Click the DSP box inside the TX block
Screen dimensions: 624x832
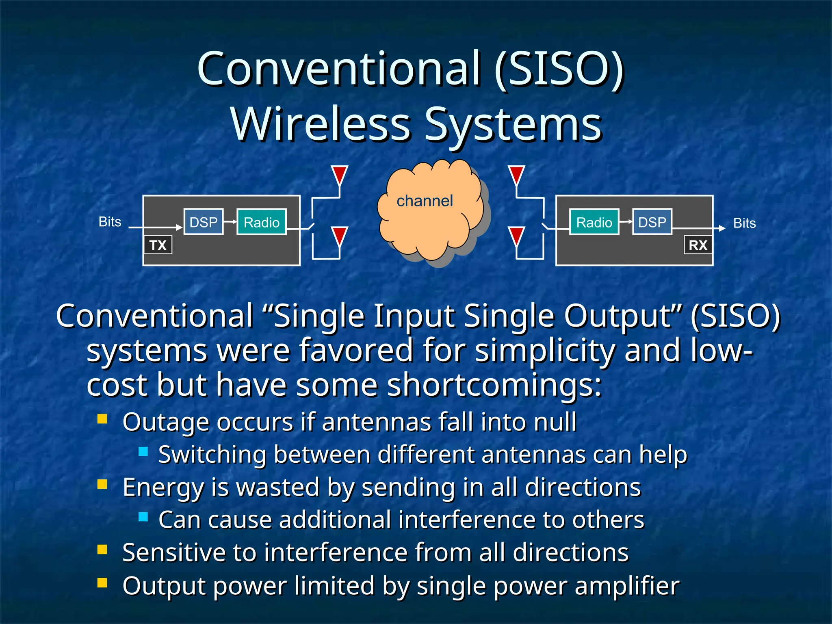click(204, 222)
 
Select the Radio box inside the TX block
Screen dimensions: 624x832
click(261, 222)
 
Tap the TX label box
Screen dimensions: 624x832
click(158, 245)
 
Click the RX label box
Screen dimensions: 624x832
click(698, 245)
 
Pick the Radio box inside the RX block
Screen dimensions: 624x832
click(594, 222)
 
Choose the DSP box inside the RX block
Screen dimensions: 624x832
click(652, 222)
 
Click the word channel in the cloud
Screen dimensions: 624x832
click(425, 201)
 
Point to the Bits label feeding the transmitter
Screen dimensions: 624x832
click(110, 222)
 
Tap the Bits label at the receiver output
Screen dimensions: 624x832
click(744, 223)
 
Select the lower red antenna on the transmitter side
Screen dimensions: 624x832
click(339, 236)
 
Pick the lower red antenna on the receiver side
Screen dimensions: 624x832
click(516, 236)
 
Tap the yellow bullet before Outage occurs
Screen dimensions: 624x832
click(102, 419)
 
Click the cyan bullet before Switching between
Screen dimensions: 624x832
click(143, 451)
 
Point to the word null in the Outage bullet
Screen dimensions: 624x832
click(555, 422)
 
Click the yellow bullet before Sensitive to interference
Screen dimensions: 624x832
click(102, 550)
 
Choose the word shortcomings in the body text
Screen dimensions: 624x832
click(494, 385)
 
